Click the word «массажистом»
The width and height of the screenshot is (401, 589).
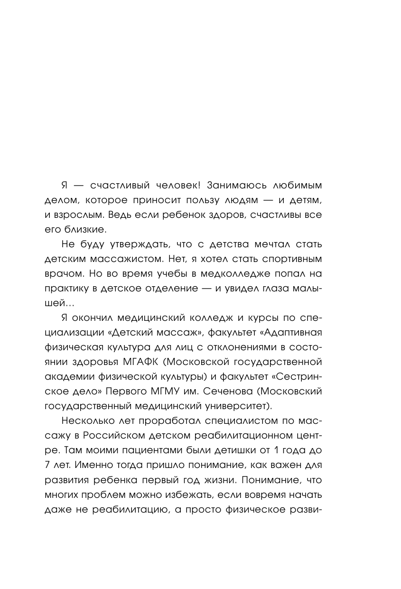pyautogui.click(x=139, y=260)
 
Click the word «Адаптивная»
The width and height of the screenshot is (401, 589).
pyautogui.click(x=292, y=332)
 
